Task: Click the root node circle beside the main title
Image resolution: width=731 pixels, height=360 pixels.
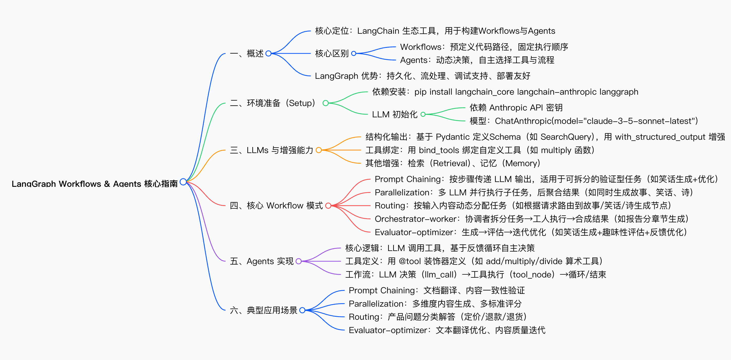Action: [x=183, y=182]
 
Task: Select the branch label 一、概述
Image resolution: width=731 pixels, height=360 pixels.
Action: [x=247, y=53]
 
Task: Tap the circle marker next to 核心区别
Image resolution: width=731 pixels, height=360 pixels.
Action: [x=354, y=53]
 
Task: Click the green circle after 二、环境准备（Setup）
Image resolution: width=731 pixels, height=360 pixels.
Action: [x=325, y=103]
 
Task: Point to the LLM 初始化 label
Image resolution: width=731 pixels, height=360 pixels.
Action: [x=394, y=114]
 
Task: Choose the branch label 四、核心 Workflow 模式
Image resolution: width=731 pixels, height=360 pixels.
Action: [x=276, y=205]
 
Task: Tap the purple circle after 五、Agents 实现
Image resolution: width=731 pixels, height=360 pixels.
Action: [x=298, y=261]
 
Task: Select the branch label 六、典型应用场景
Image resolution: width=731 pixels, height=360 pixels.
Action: [x=263, y=310]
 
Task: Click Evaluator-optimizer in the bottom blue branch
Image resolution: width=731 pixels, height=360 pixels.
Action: [x=388, y=330]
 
